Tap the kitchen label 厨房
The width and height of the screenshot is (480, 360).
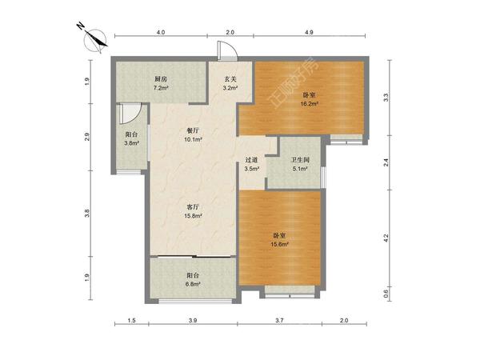click(161, 79)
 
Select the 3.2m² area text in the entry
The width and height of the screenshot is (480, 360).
click(230, 88)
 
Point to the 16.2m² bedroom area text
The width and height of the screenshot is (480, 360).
click(309, 104)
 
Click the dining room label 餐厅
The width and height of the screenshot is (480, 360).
click(193, 130)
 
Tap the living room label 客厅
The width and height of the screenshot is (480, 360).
click(193, 207)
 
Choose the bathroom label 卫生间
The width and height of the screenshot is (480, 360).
click(300, 159)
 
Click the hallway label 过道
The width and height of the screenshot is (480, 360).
click(251, 159)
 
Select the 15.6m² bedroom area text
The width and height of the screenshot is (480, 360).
click(280, 244)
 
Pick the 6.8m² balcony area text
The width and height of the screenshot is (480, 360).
click(193, 284)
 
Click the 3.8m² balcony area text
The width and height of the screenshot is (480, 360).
click(132, 142)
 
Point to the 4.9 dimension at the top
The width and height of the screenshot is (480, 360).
click(309, 32)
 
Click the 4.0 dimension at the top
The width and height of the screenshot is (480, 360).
click(161, 32)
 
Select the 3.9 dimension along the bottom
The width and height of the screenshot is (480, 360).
click(193, 321)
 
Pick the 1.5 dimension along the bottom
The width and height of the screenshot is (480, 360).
click(132, 321)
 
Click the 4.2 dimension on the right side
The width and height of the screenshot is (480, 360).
click(386, 238)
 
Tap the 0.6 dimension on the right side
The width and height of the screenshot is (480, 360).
click(386, 294)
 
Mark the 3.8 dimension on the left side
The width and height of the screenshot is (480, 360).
click(87, 213)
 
